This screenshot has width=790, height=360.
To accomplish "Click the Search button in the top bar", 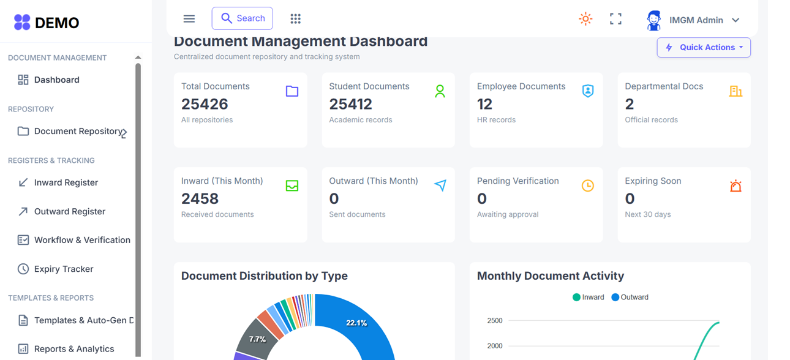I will pyautogui.click(x=242, y=18).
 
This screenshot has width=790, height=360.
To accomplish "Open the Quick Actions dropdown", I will pyautogui.click(x=704, y=48).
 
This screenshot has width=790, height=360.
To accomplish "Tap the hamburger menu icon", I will pyautogui.click(x=189, y=19).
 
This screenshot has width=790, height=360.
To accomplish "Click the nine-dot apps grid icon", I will pyautogui.click(x=295, y=19).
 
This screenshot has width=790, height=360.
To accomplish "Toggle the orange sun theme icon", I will pyautogui.click(x=585, y=19).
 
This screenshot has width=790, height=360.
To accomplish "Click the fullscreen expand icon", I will pyautogui.click(x=615, y=19).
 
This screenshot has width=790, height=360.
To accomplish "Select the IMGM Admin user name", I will pyautogui.click(x=696, y=20).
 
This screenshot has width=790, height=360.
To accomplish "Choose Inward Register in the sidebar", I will pyautogui.click(x=66, y=182).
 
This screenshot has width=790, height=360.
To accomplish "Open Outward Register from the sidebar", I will pyautogui.click(x=69, y=211).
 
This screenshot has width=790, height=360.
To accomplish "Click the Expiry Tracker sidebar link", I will pyautogui.click(x=64, y=269).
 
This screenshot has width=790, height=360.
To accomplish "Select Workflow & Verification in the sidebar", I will pyautogui.click(x=82, y=240).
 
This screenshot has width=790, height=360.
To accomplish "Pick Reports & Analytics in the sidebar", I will pyautogui.click(x=73, y=349).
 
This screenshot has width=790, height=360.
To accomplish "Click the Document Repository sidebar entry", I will pyautogui.click(x=78, y=131).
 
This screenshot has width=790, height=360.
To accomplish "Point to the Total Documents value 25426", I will pyautogui.click(x=205, y=104).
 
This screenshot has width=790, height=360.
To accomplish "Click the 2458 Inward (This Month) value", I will pyautogui.click(x=200, y=199).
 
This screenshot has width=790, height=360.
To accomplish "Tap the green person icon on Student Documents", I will pyautogui.click(x=440, y=92).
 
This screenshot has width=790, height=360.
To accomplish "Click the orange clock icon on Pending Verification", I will pyautogui.click(x=587, y=186).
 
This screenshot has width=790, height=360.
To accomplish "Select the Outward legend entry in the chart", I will pyautogui.click(x=630, y=298).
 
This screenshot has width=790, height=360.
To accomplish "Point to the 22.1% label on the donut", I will pyautogui.click(x=356, y=323).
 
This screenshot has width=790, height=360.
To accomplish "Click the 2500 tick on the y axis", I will pyautogui.click(x=495, y=321).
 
